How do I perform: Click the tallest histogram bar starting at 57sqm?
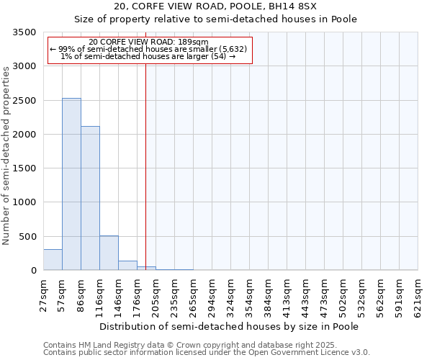[x=71, y=184]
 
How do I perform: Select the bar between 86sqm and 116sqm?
[x=90, y=198]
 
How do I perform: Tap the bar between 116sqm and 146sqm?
[x=109, y=253]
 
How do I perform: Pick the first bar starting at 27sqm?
[x=53, y=260]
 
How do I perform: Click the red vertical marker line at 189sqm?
[x=145, y=158]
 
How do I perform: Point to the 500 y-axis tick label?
[x=28, y=237]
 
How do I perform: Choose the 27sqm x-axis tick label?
[x=43, y=296]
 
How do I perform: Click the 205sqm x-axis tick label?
[x=156, y=296]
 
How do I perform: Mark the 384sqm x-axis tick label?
[x=268, y=296]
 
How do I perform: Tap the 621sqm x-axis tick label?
[x=418, y=296]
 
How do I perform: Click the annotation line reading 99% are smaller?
[x=149, y=49]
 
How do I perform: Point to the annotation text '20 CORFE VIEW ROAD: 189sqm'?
[x=149, y=42]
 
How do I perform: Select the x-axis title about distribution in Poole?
[x=229, y=326]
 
